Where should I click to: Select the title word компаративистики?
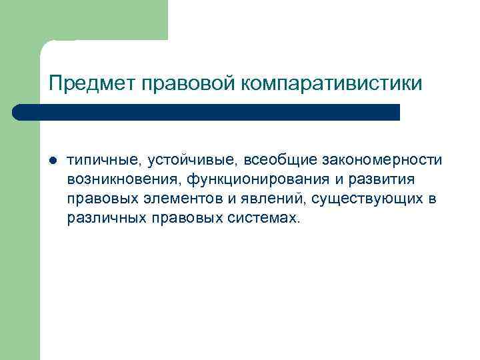[332, 83]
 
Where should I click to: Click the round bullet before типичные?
[53, 161]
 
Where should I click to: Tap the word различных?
[99, 219]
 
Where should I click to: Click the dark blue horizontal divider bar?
[207, 112]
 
